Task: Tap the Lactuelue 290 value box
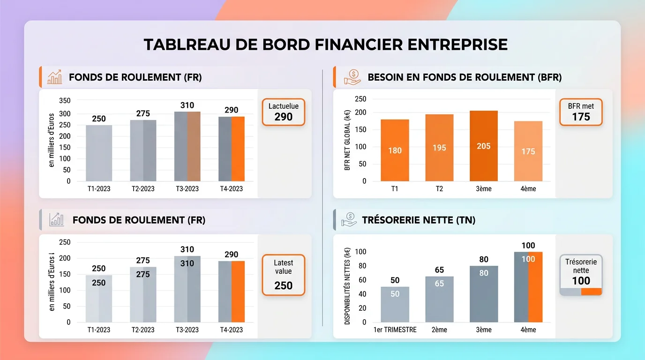click(283, 112)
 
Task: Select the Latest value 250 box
click(283, 275)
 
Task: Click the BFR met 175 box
click(581, 112)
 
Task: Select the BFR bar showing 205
click(484, 146)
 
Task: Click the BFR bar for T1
click(395, 150)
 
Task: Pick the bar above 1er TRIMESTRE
click(395, 304)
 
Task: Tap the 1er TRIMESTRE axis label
click(395, 330)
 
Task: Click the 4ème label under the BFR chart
click(528, 188)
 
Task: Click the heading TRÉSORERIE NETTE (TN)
click(419, 220)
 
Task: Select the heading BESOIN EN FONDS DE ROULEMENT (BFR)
click(465, 77)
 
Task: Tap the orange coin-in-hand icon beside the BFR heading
click(352, 77)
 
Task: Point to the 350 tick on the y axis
click(65, 100)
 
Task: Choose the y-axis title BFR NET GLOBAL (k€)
click(347, 141)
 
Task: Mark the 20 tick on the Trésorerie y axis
click(362, 308)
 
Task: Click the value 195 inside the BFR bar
click(439, 148)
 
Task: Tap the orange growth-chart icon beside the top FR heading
click(55, 77)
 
